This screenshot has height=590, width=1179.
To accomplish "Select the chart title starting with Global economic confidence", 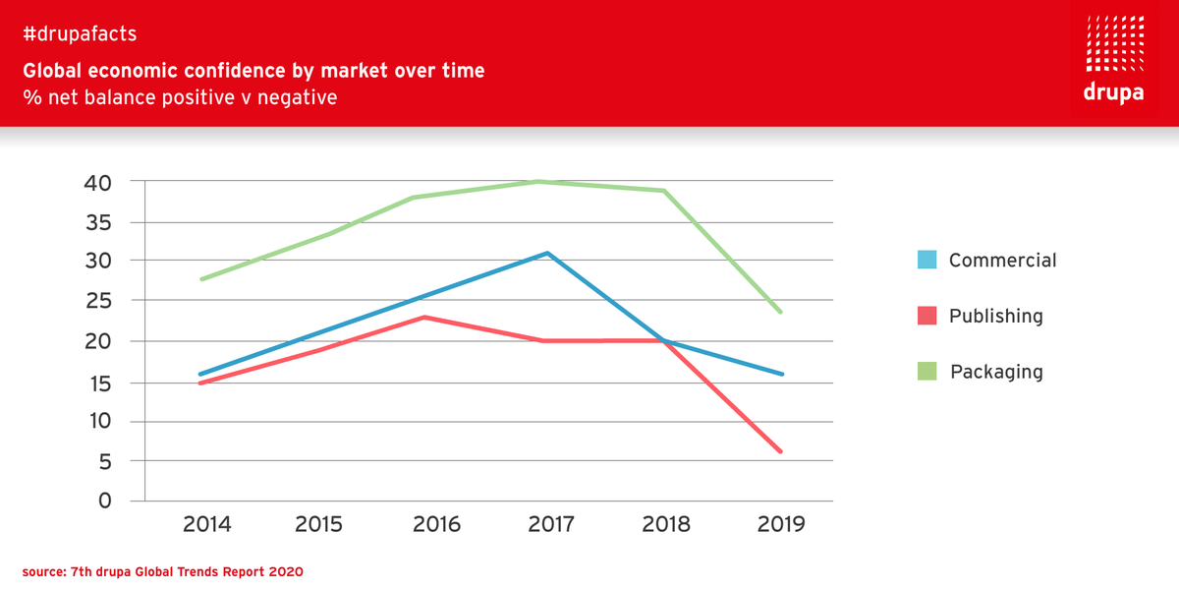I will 253,71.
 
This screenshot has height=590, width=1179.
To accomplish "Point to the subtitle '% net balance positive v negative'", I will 180,98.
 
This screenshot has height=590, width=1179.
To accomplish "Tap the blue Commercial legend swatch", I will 926,261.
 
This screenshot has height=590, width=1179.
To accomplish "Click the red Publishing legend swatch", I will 926,316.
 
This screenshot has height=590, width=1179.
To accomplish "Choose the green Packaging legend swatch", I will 926,372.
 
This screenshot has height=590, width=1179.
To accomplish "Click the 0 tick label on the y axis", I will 105,501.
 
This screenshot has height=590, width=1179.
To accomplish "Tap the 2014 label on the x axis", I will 207,524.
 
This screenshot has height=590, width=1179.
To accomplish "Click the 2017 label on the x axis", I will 551,524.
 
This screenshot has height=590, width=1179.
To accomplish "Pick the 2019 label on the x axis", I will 781,524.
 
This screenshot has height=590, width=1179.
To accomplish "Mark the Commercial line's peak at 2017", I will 547,253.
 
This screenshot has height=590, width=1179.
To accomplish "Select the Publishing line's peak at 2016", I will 424,317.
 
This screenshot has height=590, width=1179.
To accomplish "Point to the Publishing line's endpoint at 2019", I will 781,451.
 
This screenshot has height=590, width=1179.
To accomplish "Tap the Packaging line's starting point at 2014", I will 201,279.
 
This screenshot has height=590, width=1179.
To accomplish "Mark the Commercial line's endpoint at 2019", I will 782,374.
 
